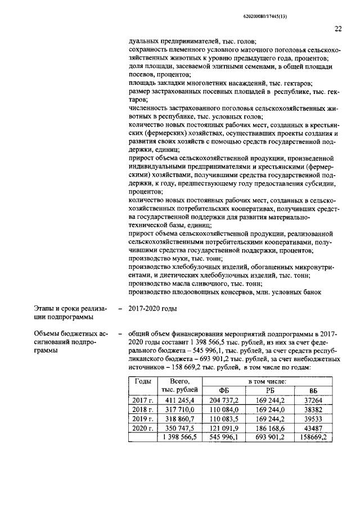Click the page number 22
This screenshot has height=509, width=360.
tap(337, 29)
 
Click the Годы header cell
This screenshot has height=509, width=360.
tap(142, 381)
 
